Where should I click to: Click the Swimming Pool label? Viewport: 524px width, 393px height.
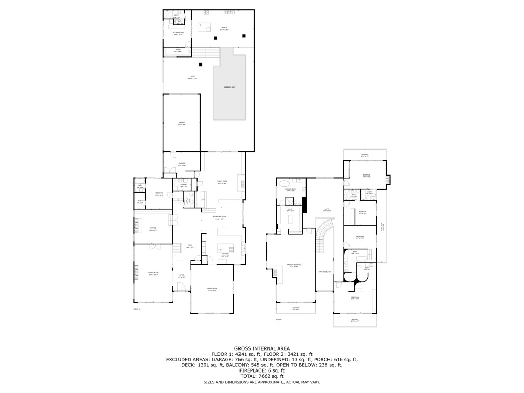click(x=230, y=88)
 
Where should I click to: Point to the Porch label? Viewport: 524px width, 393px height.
click(x=224, y=27)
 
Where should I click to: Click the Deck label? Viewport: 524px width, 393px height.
click(x=192, y=78)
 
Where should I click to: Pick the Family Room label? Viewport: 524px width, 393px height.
click(x=222, y=181)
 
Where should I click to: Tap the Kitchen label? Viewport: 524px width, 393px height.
click(x=225, y=255)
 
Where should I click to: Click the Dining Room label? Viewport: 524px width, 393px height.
click(x=212, y=289)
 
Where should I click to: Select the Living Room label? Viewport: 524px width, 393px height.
click(x=153, y=273)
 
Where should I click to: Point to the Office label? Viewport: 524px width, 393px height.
click(x=153, y=228)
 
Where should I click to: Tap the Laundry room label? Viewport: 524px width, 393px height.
click(x=184, y=185)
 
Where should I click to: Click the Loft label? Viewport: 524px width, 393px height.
click(x=326, y=209)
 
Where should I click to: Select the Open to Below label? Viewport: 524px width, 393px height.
click(x=324, y=272)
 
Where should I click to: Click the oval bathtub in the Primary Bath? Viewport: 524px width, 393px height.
click(x=284, y=183)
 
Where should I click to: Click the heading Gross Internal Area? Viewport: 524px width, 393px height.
click(x=261, y=348)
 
